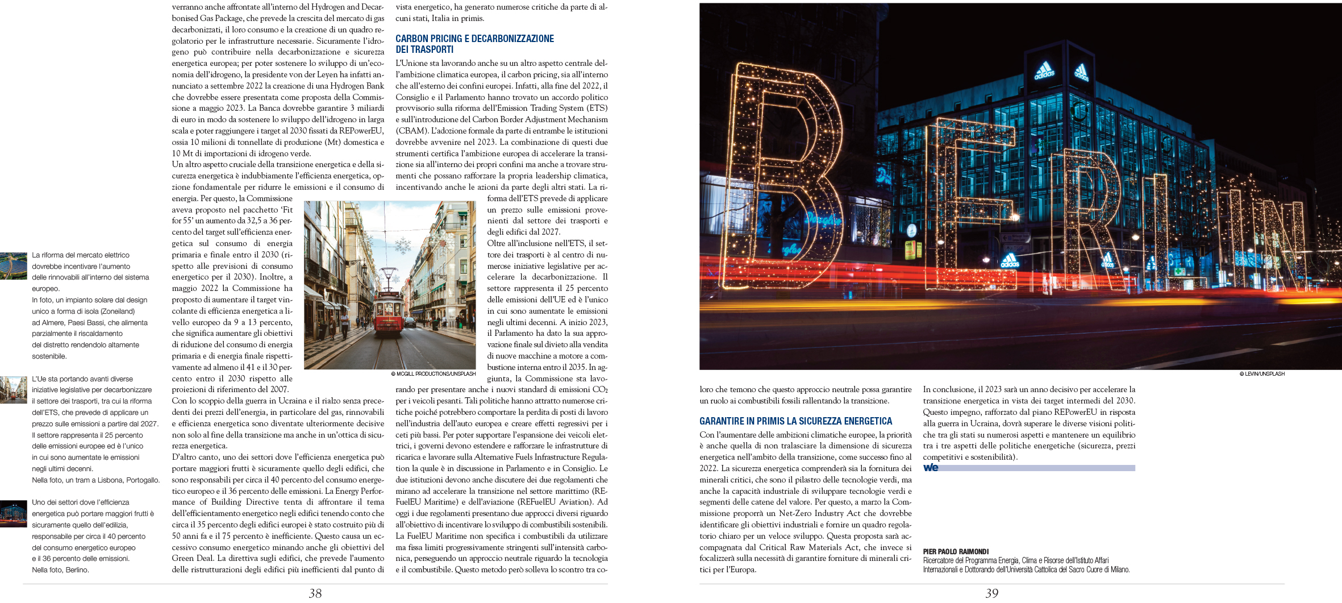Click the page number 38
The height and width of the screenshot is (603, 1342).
point(315,593)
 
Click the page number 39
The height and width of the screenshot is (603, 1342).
point(991,593)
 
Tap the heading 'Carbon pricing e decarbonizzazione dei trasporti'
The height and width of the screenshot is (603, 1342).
point(474,44)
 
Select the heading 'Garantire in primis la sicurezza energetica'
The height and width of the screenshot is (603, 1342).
point(795,421)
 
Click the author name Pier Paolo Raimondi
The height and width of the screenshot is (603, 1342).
point(956,551)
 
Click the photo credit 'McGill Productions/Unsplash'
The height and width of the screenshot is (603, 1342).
point(433,374)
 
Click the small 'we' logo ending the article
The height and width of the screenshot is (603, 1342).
point(931,468)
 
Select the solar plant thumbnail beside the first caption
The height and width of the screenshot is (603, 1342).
point(14,266)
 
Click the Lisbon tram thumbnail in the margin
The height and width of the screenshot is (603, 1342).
point(14,390)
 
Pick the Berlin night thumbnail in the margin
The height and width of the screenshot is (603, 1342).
point(14,514)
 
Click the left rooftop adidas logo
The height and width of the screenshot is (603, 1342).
point(1044,72)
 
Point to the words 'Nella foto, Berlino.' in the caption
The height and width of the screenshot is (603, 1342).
point(60,570)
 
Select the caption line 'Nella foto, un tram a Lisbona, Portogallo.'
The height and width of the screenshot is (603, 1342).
point(95,480)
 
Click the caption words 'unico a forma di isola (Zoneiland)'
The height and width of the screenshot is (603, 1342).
point(83,311)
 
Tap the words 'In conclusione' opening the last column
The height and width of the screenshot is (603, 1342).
point(948,390)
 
